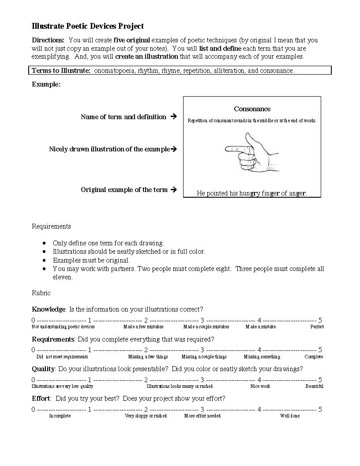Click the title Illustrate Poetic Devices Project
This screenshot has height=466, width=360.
pyautogui.click(x=88, y=26)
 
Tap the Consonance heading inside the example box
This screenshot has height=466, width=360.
pyautogui.click(x=252, y=109)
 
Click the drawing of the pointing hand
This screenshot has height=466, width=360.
pyautogui.click(x=251, y=153)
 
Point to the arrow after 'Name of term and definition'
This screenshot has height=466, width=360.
pyautogui.click(x=173, y=117)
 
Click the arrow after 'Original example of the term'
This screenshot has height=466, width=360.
pyautogui.click(x=173, y=190)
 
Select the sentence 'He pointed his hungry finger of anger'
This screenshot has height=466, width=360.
pyautogui.click(x=251, y=193)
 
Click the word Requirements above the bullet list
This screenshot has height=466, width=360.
pyautogui.click(x=51, y=226)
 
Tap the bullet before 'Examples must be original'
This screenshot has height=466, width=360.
pyautogui.click(x=45, y=260)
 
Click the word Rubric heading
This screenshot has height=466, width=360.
pyautogui.click(x=41, y=293)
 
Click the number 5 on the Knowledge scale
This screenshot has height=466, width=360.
pyautogui.click(x=320, y=320)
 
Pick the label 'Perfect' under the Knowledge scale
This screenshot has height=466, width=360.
pyautogui.click(x=317, y=327)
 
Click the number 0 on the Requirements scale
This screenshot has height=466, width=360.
pyautogui.click(x=34, y=350)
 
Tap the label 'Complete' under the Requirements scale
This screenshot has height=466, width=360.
pyautogui.click(x=314, y=357)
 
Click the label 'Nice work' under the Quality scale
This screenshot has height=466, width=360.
pyautogui.click(x=260, y=387)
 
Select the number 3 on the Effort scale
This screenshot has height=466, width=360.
pyautogui.click(x=202, y=410)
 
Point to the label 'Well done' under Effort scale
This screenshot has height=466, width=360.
pyautogui.click(x=289, y=416)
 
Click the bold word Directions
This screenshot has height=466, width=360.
pyautogui.click(x=48, y=40)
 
